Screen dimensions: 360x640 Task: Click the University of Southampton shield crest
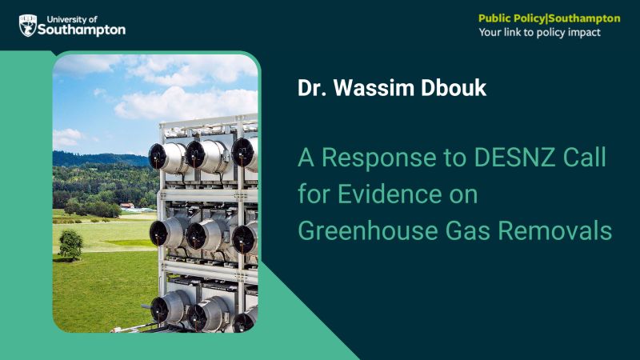click(x=28, y=26)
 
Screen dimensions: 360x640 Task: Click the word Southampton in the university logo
click(x=82, y=30)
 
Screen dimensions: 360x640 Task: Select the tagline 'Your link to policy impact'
click(x=539, y=33)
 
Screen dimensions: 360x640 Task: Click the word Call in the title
click(x=583, y=158)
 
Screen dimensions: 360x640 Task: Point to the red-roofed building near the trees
click(x=126, y=206)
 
